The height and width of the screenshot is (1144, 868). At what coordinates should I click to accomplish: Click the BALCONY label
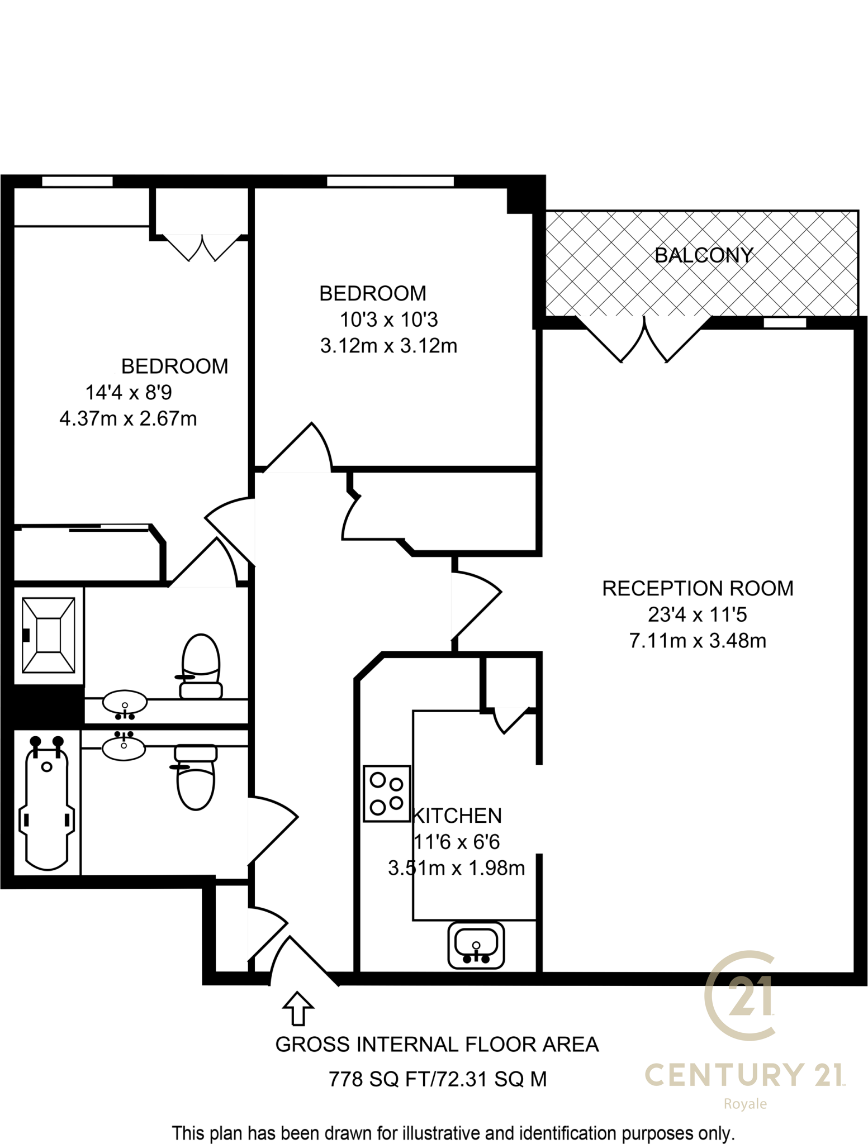704,255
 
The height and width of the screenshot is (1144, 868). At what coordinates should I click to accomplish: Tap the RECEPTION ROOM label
698,589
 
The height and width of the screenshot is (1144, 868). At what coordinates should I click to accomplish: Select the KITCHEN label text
457,816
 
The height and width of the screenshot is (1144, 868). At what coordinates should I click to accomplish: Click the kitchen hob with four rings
387,793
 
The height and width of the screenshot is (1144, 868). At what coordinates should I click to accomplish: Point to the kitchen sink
476,945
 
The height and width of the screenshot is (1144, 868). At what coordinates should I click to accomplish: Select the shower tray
48,635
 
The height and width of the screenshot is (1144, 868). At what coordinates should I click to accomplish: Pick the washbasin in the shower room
125,704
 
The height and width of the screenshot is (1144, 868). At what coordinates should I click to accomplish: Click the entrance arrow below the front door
298,1009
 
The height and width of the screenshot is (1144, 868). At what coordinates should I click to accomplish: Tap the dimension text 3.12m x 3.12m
388,346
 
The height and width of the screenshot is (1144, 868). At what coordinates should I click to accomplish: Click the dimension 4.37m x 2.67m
128,418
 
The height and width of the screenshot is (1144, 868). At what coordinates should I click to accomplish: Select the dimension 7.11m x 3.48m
698,641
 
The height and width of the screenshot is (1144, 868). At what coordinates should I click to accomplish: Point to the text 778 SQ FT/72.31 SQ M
438,1079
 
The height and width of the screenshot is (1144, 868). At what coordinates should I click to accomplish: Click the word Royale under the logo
745,1104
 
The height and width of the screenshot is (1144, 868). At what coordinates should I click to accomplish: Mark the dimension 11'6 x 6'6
457,842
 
